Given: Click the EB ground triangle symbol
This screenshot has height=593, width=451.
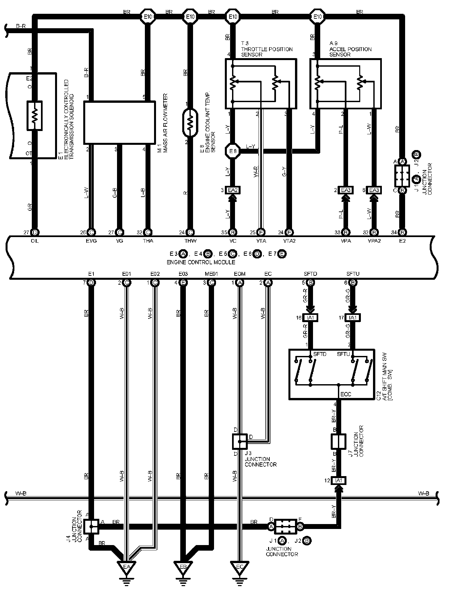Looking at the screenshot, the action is coord(183,567).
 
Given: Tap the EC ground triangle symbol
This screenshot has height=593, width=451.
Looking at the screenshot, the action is coord(240,567).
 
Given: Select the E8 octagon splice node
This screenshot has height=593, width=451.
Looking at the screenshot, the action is coord(233,151).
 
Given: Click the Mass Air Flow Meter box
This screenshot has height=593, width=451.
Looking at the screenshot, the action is coord(119,122).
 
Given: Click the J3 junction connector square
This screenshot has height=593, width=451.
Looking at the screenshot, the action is coord(240,442).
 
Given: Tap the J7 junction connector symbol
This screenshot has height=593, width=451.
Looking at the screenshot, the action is coord(338,442).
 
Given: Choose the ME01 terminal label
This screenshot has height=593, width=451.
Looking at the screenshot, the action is coord(211,274).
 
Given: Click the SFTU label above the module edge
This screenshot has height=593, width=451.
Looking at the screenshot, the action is coord(353,274).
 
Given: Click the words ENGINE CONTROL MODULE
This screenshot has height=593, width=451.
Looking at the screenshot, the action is coord(201,262).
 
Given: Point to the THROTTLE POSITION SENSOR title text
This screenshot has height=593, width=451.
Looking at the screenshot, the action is coord(266,49).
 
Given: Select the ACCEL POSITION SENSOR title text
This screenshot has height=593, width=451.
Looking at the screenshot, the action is coord(350,49).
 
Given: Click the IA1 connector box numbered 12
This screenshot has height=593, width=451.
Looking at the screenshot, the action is coord(339,480).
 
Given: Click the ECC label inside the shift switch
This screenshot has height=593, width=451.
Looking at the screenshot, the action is coord(346,394).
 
